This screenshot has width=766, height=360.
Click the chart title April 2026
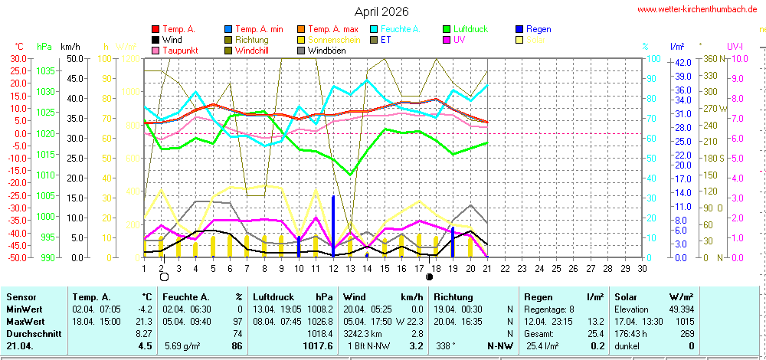pos(381,12)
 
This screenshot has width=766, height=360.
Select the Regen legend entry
pos(539,29)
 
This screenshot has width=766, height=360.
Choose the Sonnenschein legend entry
pos(334,40)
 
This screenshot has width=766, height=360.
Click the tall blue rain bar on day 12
pos(333,226)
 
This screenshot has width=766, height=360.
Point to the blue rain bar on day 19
pos(453,242)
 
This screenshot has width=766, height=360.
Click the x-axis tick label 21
pos(487,268)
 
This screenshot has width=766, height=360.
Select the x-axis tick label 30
pos(642,268)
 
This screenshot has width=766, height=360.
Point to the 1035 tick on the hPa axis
pos(46,70)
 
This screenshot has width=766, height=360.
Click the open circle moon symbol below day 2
pos(163,277)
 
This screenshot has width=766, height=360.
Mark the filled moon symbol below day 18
pos(429,277)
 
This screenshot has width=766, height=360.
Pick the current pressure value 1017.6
pos(319,346)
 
